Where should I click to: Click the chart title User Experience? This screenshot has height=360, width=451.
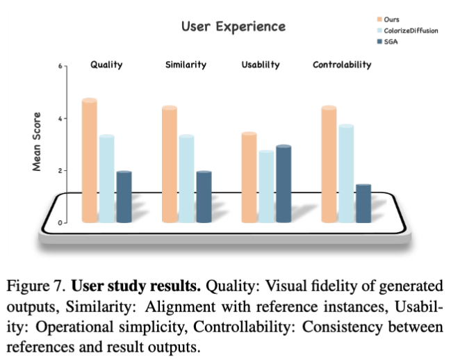click(233, 26)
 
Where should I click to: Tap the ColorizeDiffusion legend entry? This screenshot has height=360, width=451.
click(411, 31)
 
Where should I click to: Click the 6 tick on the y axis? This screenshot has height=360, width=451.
click(60, 66)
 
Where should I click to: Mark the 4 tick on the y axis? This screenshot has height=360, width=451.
click(60, 118)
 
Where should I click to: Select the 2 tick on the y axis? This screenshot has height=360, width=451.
click(60, 170)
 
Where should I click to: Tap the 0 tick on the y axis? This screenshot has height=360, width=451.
click(60, 222)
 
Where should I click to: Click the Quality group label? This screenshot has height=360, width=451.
click(106, 65)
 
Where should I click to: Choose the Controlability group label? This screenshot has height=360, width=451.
click(342, 65)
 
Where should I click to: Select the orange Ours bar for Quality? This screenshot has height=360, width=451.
click(90, 160)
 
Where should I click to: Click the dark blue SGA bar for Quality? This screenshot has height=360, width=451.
click(124, 197)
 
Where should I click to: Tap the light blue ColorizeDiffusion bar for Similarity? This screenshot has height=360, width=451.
click(186, 179)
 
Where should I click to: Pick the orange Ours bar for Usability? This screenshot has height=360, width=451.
click(249, 177)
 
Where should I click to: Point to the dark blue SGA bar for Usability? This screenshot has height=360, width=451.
click(283, 183)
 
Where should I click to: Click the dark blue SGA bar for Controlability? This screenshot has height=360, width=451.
click(363, 203)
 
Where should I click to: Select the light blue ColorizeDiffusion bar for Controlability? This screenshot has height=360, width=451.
click(345, 174)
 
